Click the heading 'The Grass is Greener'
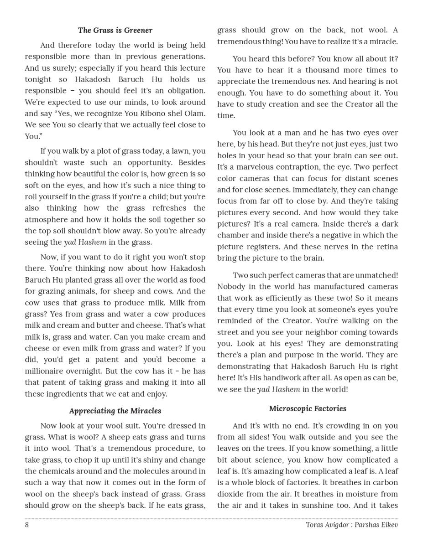coord(115,30)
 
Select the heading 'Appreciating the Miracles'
coord(115,411)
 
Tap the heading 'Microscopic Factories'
coord(308,408)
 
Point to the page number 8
coord(27,525)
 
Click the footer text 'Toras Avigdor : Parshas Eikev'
coord(352,525)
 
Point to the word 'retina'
coord(387,247)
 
